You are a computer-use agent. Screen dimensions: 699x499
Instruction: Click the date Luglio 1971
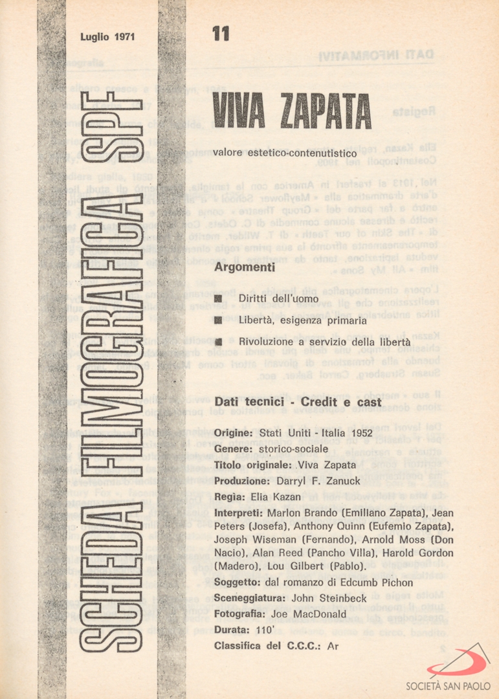(107, 37)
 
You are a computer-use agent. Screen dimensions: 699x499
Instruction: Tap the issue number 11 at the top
(220, 34)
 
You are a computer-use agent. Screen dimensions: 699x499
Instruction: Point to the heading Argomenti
(245, 267)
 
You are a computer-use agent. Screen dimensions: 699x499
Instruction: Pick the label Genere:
(233, 449)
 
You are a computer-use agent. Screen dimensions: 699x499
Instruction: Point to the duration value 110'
(260, 629)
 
